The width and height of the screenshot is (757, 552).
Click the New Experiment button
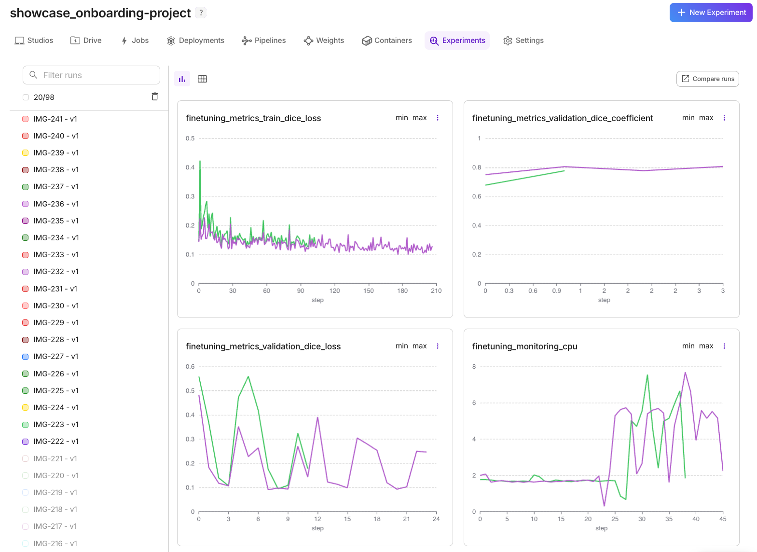click(711, 13)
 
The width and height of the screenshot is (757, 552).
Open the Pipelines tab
click(264, 41)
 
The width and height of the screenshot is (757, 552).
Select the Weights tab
click(324, 41)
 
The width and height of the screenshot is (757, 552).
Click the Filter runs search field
click(92, 75)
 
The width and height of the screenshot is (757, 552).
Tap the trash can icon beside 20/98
click(155, 97)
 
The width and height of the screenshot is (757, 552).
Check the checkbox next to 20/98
click(26, 97)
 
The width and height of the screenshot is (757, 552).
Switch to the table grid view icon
click(203, 79)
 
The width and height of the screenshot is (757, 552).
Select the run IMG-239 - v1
click(56, 153)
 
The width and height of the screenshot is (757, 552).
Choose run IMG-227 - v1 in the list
click(56, 357)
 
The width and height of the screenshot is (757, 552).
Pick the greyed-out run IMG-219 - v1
click(55, 493)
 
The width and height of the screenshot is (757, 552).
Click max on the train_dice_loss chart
click(419, 118)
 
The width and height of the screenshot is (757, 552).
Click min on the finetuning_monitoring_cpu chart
click(688, 346)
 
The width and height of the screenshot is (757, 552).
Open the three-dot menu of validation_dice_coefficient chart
click(724, 118)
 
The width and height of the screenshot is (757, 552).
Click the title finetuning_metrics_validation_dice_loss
click(263, 346)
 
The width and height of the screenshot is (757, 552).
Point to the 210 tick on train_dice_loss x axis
click(436, 291)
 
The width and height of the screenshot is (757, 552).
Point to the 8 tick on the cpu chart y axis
click(474, 367)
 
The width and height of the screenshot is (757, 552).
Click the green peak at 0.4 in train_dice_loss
click(200, 162)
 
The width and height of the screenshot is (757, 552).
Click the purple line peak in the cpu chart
click(685, 373)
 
